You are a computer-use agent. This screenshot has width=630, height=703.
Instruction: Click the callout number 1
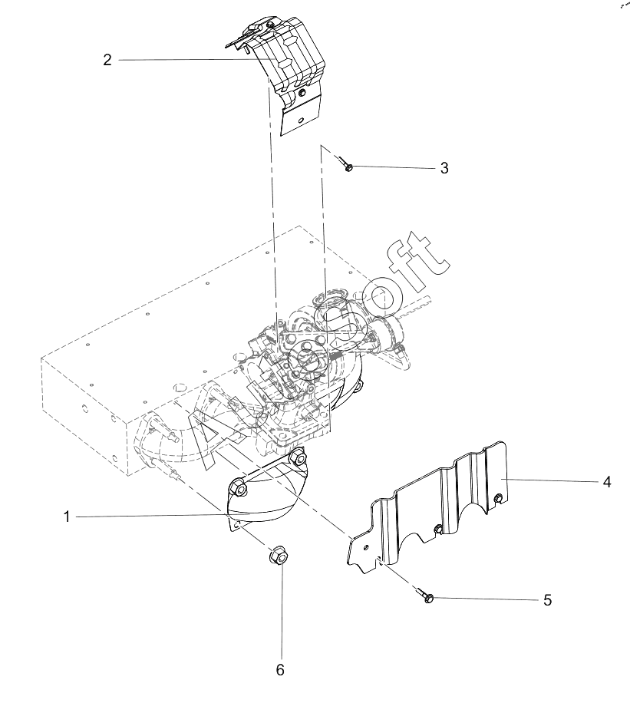pyautogui.click(x=67, y=517)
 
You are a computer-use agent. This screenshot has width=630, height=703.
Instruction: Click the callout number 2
pyautogui.click(x=107, y=60)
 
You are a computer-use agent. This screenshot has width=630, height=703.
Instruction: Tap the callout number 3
pyautogui.click(x=444, y=168)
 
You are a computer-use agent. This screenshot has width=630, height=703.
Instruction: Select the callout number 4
pyautogui.click(x=607, y=482)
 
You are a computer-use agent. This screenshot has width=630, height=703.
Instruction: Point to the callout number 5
pyautogui.click(x=547, y=600)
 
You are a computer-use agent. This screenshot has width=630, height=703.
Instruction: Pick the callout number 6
pyautogui.click(x=280, y=670)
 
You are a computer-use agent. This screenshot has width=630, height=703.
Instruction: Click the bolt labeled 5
pyautogui.click(x=424, y=595)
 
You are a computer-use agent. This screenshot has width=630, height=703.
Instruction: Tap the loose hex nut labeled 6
pyautogui.click(x=277, y=556)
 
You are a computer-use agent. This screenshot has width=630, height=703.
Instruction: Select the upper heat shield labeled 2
pyautogui.click(x=282, y=71)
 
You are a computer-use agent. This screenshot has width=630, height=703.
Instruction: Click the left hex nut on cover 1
pyautogui.click(x=237, y=487)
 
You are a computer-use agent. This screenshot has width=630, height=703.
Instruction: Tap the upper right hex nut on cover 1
pyautogui.click(x=297, y=459)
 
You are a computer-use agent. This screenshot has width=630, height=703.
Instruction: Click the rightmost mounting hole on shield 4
pyautogui.click(x=497, y=497)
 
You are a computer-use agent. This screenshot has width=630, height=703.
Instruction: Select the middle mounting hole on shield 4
pyautogui.click(x=437, y=529)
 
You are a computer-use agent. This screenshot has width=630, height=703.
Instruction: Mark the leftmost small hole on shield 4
pyautogui.click(x=367, y=547)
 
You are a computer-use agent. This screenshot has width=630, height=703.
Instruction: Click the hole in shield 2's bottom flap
pyautogui.click(x=302, y=119)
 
